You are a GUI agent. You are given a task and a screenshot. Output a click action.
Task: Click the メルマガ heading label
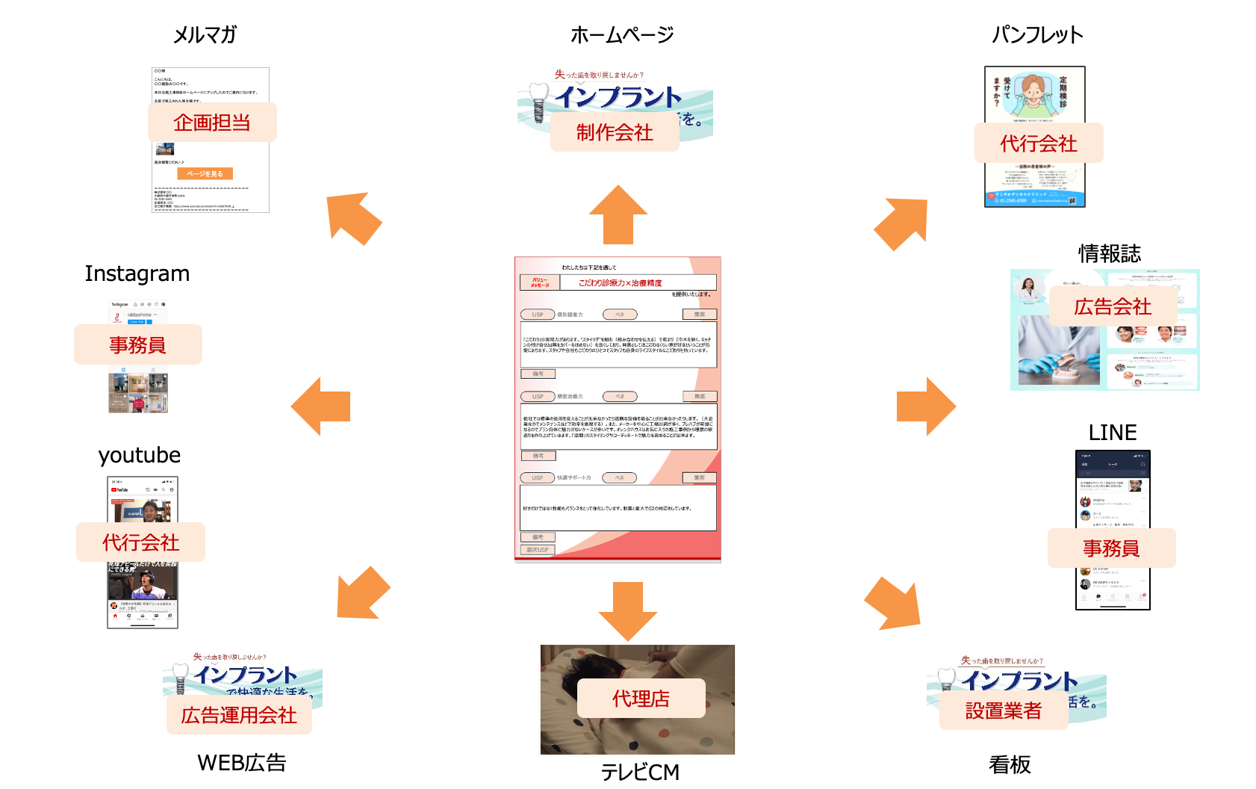click(205, 35)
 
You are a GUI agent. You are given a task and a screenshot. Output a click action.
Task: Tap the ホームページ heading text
click(622, 35)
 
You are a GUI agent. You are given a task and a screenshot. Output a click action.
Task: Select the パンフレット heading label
click(1037, 35)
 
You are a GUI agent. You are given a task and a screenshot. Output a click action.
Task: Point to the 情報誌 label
click(1110, 254)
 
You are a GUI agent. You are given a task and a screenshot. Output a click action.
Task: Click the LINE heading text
click(1113, 433)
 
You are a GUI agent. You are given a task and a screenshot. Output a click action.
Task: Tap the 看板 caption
click(1010, 764)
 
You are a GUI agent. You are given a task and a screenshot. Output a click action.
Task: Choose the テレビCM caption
click(640, 772)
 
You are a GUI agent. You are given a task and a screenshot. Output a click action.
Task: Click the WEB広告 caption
click(242, 763)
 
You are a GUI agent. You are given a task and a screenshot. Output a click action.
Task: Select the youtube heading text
click(140, 455)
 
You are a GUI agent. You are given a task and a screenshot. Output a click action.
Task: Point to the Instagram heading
click(137, 273)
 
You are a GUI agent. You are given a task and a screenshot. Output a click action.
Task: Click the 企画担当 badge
click(212, 123)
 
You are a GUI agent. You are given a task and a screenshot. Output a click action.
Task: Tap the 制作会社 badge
click(615, 132)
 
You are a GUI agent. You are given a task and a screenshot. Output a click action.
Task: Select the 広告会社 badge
click(1113, 306)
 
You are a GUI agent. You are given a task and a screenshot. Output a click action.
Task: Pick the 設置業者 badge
click(1004, 711)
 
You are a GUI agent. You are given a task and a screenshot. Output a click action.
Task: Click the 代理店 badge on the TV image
click(641, 699)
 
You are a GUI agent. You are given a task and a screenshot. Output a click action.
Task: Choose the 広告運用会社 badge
click(239, 715)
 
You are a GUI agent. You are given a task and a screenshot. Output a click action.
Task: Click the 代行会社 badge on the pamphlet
click(1039, 143)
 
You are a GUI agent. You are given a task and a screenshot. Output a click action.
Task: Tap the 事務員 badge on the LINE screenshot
click(1111, 548)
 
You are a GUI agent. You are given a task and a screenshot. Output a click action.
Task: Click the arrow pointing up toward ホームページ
click(618, 214)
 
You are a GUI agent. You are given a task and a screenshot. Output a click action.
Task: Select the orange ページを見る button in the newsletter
click(205, 173)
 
